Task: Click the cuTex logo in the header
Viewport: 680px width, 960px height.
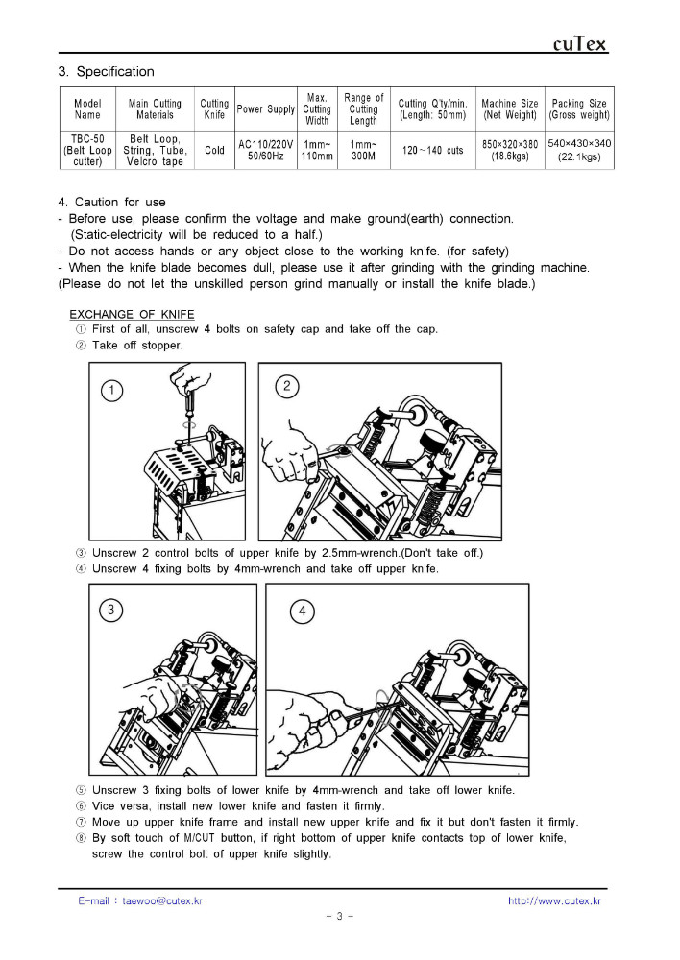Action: tap(580, 44)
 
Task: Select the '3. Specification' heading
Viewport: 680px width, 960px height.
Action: tap(106, 72)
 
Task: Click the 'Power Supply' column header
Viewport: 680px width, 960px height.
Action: tap(266, 109)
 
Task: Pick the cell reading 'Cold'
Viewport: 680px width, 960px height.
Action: tap(214, 151)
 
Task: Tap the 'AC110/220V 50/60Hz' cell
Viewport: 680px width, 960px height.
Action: tap(266, 150)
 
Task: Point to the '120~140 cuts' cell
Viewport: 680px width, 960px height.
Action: tap(433, 151)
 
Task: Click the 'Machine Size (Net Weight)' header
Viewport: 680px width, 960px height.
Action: tap(510, 109)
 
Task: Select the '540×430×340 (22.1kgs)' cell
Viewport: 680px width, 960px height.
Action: tap(579, 150)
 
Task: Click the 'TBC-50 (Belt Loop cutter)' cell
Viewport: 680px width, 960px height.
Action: tap(87, 151)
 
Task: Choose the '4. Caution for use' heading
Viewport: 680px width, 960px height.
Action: tap(111, 203)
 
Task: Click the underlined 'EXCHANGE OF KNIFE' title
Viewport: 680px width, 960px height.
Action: tap(132, 315)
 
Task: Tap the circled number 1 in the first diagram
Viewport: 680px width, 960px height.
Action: tap(112, 389)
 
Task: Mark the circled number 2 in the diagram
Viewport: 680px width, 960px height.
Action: tap(286, 386)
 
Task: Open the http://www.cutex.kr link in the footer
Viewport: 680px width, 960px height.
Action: tap(554, 901)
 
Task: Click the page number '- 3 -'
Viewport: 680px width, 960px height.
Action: tap(340, 916)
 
